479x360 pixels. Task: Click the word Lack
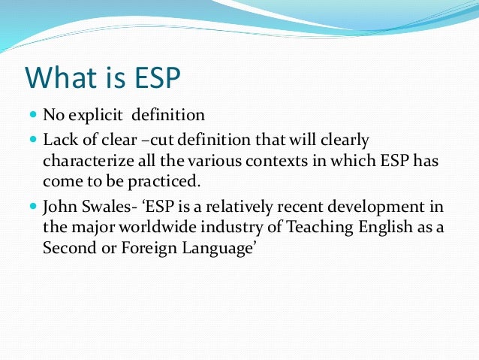[x=58, y=140]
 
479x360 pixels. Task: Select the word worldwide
[x=146, y=227]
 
